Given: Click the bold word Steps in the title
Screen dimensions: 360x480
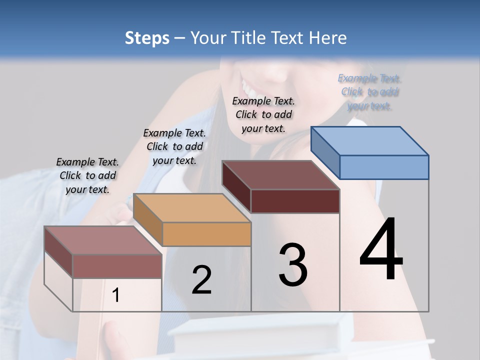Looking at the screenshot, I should pos(147,38).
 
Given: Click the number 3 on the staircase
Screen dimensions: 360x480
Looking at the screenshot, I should pos(293,265).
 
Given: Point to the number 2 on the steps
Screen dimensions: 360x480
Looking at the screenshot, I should pos(201,280).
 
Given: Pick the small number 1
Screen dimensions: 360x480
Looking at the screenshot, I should pos(116,295).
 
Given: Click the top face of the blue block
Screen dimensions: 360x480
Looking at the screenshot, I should pos(370,140).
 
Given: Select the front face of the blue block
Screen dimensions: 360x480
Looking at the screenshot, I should pos(384,167).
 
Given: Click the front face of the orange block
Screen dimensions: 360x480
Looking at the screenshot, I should pos(206,234).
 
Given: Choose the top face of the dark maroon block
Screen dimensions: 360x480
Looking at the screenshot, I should pos(280,175).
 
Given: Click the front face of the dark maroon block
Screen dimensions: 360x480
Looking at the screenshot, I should pos(295,201).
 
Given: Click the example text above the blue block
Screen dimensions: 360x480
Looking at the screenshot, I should pos(369,92).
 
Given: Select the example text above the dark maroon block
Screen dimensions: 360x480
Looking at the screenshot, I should pos(263,114).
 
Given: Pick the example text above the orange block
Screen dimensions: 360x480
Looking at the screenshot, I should pos(174,146).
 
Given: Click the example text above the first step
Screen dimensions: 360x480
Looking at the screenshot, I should pos(87,175).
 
